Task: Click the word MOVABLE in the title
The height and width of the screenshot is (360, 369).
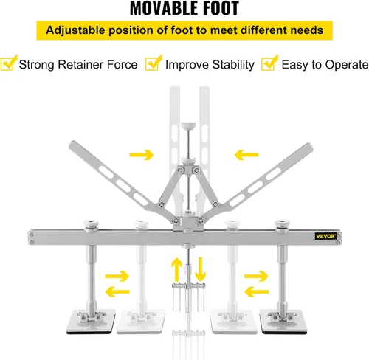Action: [x=160, y=8]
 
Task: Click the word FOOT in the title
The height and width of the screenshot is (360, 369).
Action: [x=218, y=8]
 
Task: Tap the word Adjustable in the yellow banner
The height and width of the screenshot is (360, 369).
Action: [x=75, y=30]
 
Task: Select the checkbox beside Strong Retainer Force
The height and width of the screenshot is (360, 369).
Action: [x=8, y=63]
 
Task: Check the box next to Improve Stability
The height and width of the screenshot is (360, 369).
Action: [x=153, y=63]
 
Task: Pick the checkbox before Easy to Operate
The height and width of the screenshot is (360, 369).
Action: [x=269, y=63]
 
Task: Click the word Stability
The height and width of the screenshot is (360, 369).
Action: [x=233, y=65]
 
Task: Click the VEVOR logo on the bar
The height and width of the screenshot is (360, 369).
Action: [x=325, y=236]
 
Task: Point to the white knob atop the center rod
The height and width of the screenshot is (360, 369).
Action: [x=188, y=125]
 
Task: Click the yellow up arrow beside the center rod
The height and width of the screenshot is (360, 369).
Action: [x=176, y=269]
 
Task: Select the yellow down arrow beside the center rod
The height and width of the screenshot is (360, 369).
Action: [x=200, y=269]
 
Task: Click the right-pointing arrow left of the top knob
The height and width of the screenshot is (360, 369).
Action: [x=142, y=155]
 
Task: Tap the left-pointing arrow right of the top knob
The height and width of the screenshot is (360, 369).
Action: [x=246, y=155]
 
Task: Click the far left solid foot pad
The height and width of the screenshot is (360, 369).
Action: [x=91, y=322]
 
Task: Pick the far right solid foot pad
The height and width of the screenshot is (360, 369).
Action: [x=283, y=322]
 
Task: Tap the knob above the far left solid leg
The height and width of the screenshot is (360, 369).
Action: [x=91, y=226]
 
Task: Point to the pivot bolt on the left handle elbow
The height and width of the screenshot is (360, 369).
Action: [x=162, y=204]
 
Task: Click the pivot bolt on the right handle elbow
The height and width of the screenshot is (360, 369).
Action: [x=215, y=204]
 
